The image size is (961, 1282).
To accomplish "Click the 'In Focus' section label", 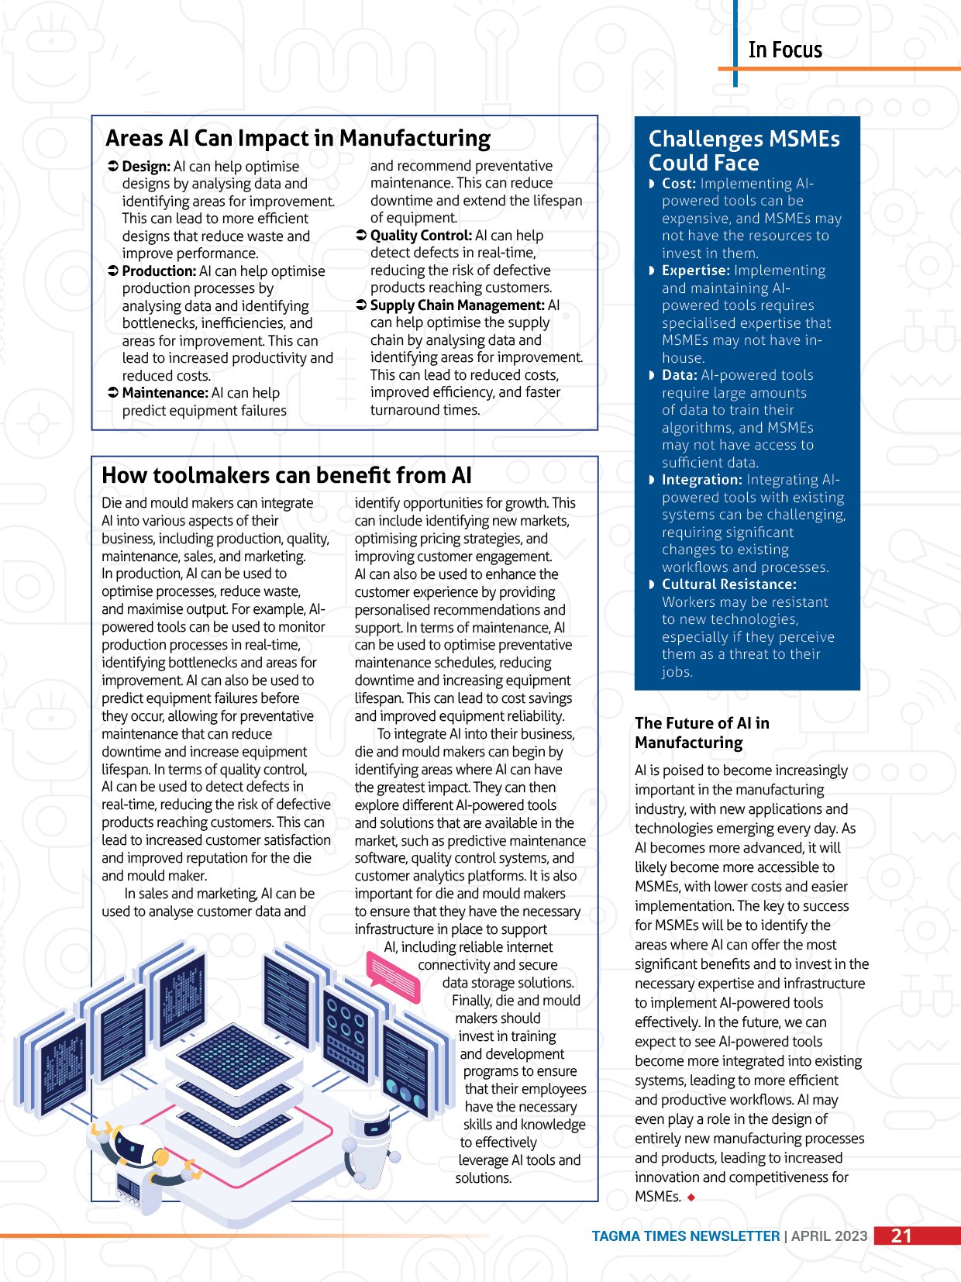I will [x=784, y=50].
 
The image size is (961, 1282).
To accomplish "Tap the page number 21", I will [x=901, y=1235].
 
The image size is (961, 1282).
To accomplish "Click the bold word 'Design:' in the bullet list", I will [x=146, y=167].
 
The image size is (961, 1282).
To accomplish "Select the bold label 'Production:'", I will [x=159, y=271].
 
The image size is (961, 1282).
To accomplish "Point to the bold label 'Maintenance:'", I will [x=165, y=393].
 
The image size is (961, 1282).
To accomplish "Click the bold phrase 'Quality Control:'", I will [x=421, y=236].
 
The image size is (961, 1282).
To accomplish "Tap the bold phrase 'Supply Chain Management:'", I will [x=457, y=305].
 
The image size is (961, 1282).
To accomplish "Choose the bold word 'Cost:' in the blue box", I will [x=679, y=184].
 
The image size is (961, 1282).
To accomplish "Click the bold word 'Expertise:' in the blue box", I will [x=695, y=271].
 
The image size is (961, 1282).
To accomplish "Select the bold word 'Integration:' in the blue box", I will [x=701, y=480].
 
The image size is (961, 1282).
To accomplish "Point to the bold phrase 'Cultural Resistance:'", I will [x=728, y=584].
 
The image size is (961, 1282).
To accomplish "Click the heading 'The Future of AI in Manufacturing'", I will [x=701, y=732].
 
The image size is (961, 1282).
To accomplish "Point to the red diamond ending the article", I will [x=691, y=1198].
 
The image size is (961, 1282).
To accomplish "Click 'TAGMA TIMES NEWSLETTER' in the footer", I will [x=685, y=1236].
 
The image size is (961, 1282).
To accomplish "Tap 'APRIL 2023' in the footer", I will [x=829, y=1236].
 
